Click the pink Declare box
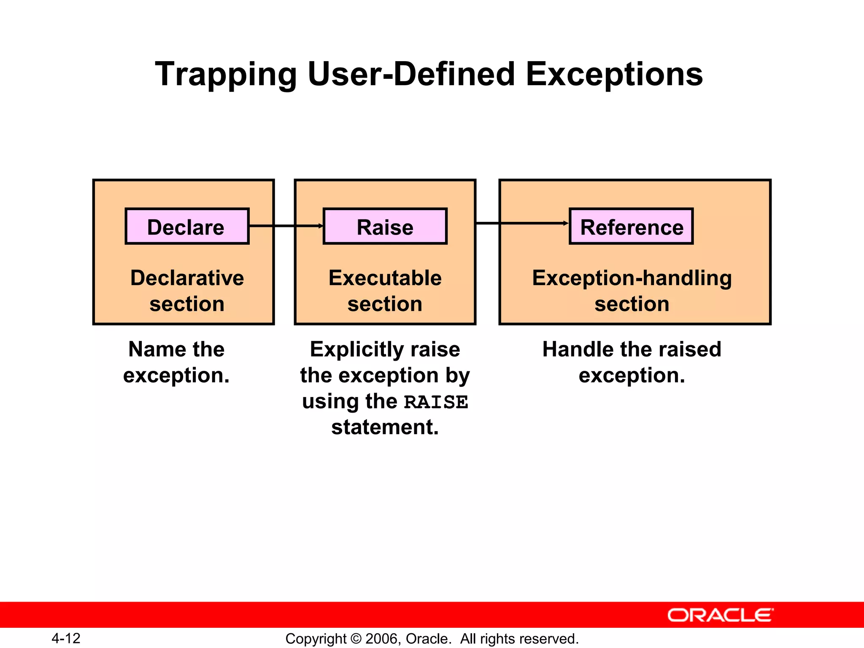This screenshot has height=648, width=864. coord(187,227)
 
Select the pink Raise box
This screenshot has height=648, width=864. coord(385,227)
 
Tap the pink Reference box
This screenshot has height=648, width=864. coord(631,227)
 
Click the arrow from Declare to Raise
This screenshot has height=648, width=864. coord(286,226)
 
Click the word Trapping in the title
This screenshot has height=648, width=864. coord(226,75)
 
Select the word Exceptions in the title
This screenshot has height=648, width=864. coord(614,75)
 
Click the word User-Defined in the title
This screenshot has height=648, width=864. coord(411,75)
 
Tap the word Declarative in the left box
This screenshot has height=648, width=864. coord(187,278)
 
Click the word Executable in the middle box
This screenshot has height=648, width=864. coord(385,278)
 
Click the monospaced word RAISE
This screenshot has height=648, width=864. coord(436,402)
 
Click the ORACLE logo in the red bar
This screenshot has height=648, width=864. coord(720,615)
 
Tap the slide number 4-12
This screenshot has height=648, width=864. coord(66,638)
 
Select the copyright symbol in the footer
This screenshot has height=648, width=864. coord(356,639)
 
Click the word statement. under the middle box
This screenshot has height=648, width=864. coord(385,427)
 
